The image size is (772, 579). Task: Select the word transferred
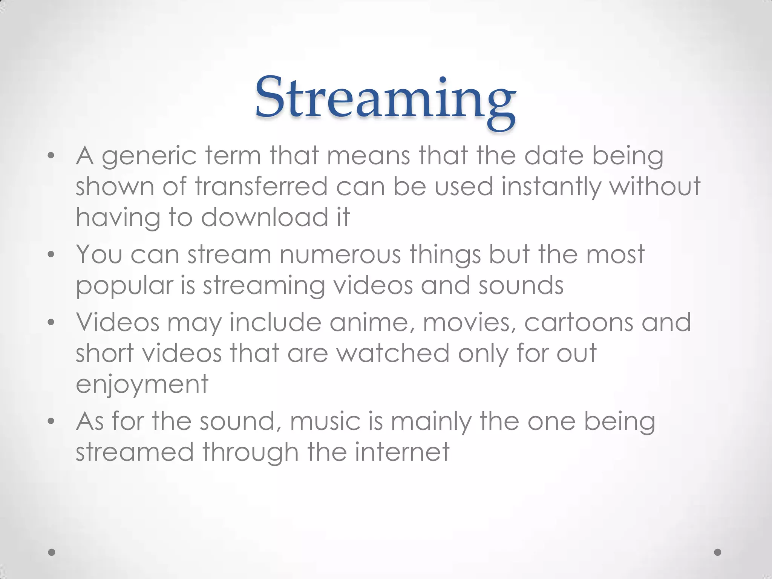pyautogui.click(x=262, y=186)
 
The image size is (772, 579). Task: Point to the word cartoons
pyautogui.click(x=579, y=323)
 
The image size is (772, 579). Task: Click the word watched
pyautogui.click(x=393, y=353)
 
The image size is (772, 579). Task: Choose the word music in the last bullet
pyautogui.click(x=325, y=421)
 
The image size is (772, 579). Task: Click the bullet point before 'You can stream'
pyautogui.click(x=51, y=255)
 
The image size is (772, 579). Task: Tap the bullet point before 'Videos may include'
pyautogui.click(x=51, y=323)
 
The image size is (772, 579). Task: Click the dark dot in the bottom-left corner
pyautogui.click(x=52, y=552)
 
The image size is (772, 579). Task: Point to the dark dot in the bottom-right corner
pyautogui.click(x=718, y=552)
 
